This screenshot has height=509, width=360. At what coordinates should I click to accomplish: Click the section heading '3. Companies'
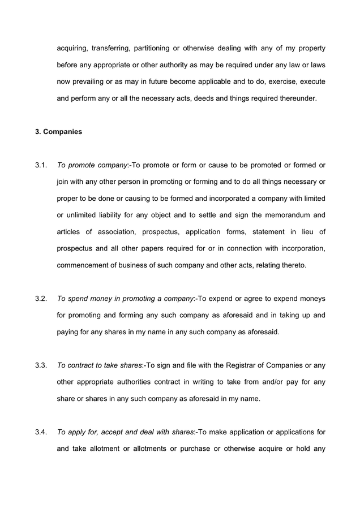click(x=58, y=132)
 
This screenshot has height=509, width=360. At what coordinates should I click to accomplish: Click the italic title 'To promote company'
click(x=92, y=165)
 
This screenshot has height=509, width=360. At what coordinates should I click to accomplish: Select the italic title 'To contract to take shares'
click(x=100, y=365)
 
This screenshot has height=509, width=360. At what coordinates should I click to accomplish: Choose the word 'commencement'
click(x=84, y=265)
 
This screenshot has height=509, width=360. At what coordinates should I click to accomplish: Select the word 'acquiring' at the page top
click(x=73, y=48)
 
